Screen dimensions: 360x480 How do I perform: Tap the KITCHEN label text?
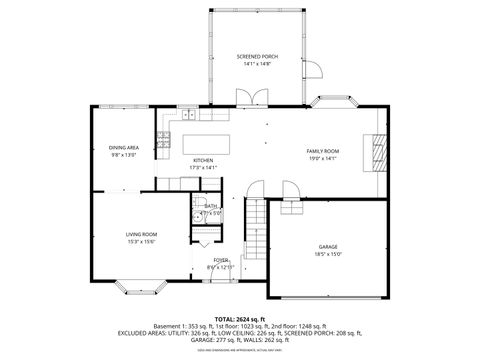click(203, 160)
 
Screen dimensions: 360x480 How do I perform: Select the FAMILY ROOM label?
click(322, 150)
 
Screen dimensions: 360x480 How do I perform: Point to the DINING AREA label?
click(124, 148)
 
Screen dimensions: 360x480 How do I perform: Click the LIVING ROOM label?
click(141, 234)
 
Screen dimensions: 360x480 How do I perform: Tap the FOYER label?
click(220, 260)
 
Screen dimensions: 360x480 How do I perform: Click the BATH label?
click(211, 206)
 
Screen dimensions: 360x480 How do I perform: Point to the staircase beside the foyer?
click(258, 227)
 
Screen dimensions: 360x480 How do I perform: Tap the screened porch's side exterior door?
click(312, 69)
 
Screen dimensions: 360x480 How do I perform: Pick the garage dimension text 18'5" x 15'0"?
click(329, 254)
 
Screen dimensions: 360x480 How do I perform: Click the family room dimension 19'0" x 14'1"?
click(322, 158)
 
